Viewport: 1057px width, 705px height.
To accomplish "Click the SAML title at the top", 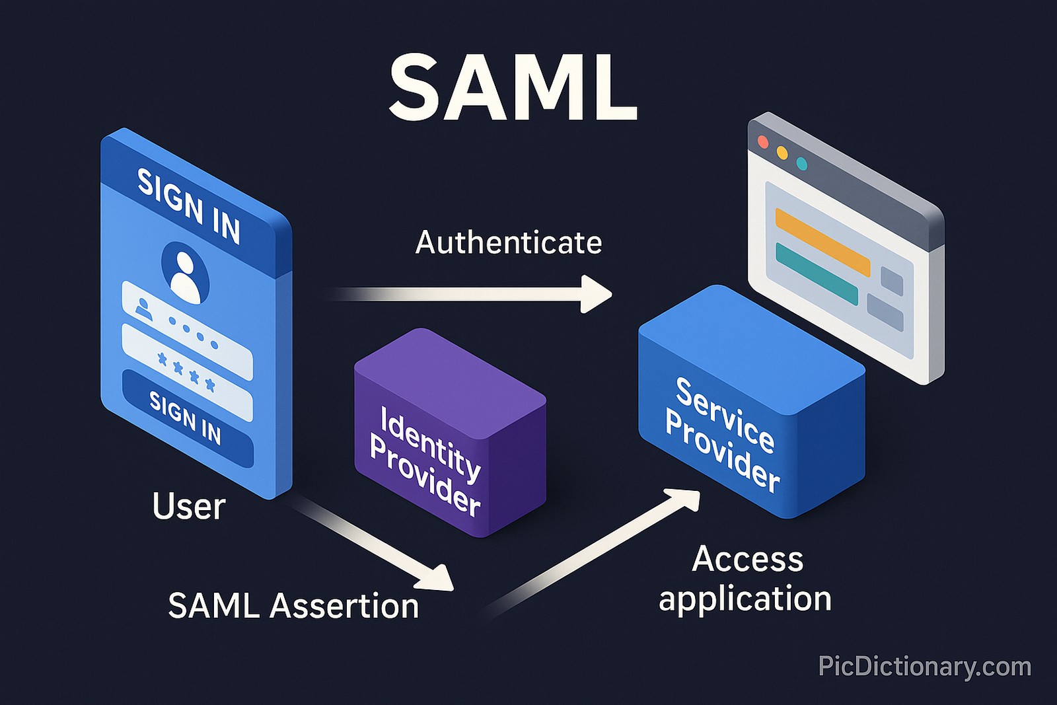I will coord(513,87).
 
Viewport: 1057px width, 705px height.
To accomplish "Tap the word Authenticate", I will coord(508,242).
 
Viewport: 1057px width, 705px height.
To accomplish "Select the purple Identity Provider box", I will coord(449,433).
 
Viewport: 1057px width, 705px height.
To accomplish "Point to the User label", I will coord(189,507).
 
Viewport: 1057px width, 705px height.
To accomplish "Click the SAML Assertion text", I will coord(293,606).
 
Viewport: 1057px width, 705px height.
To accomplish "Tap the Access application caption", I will coord(746,579).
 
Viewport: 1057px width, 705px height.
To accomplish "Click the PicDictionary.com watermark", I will coord(924,666).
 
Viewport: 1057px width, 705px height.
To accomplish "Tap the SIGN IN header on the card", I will coord(189,205).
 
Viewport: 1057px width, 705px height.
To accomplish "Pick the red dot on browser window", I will coord(763,142).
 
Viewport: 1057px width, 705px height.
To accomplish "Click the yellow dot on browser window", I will coord(782,153).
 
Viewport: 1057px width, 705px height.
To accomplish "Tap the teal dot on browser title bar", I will coord(801,163).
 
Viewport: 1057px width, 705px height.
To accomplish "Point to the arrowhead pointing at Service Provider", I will coord(686,499).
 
